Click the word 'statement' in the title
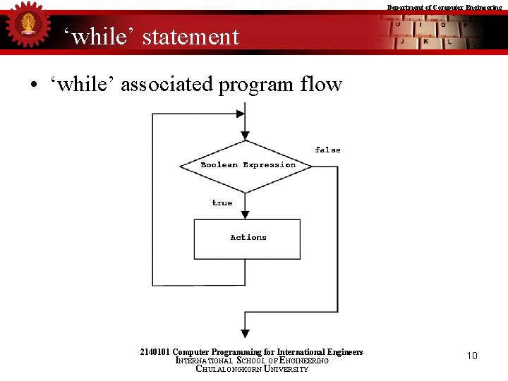[190, 37]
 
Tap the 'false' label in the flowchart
[327, 150]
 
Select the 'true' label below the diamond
[222, 202]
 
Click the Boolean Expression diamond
[246, 166]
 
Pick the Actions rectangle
[247, 238]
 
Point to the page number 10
[472, 356]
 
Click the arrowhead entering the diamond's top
[245, 135]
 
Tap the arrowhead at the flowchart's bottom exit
[245, 332]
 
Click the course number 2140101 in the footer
[155, 352]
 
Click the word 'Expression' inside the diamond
[269, 165]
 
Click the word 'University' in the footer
[286, 369]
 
